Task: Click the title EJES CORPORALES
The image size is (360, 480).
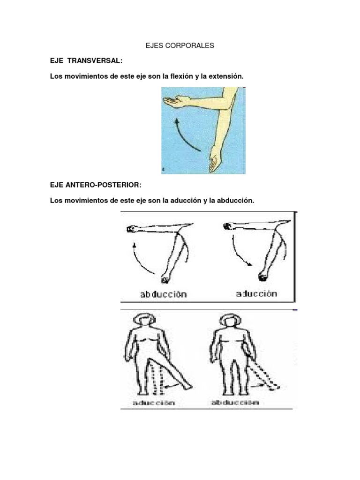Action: pyautogui.click(x=180, y=45)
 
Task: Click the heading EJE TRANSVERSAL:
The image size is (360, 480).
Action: pyautogui.click(x=86, y=60)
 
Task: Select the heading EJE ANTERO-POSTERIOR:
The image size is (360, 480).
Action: pyautogui.click(x=96, y=185)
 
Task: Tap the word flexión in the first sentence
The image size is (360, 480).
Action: pyautogui.click(x=182, y=76)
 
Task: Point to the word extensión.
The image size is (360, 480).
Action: pyautogui.click(x=226, y=76)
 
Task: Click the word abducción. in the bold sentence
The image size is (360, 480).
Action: pyautogui.click(x=235, y=201)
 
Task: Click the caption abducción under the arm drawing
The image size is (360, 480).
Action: pyautogui.click(x=164, y=294)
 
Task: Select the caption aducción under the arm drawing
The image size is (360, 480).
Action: pyautogui.click(x=256, y=293)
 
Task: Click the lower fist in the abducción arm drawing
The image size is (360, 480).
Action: pyautogui.click(x=165, y=277)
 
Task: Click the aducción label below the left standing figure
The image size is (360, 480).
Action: pyautogui.click(x=154, y=402)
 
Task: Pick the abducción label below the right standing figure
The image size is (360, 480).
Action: pyautogui.click(x=235, y=402)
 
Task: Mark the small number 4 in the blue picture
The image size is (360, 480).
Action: pyautogui.click(x=164, y=170)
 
